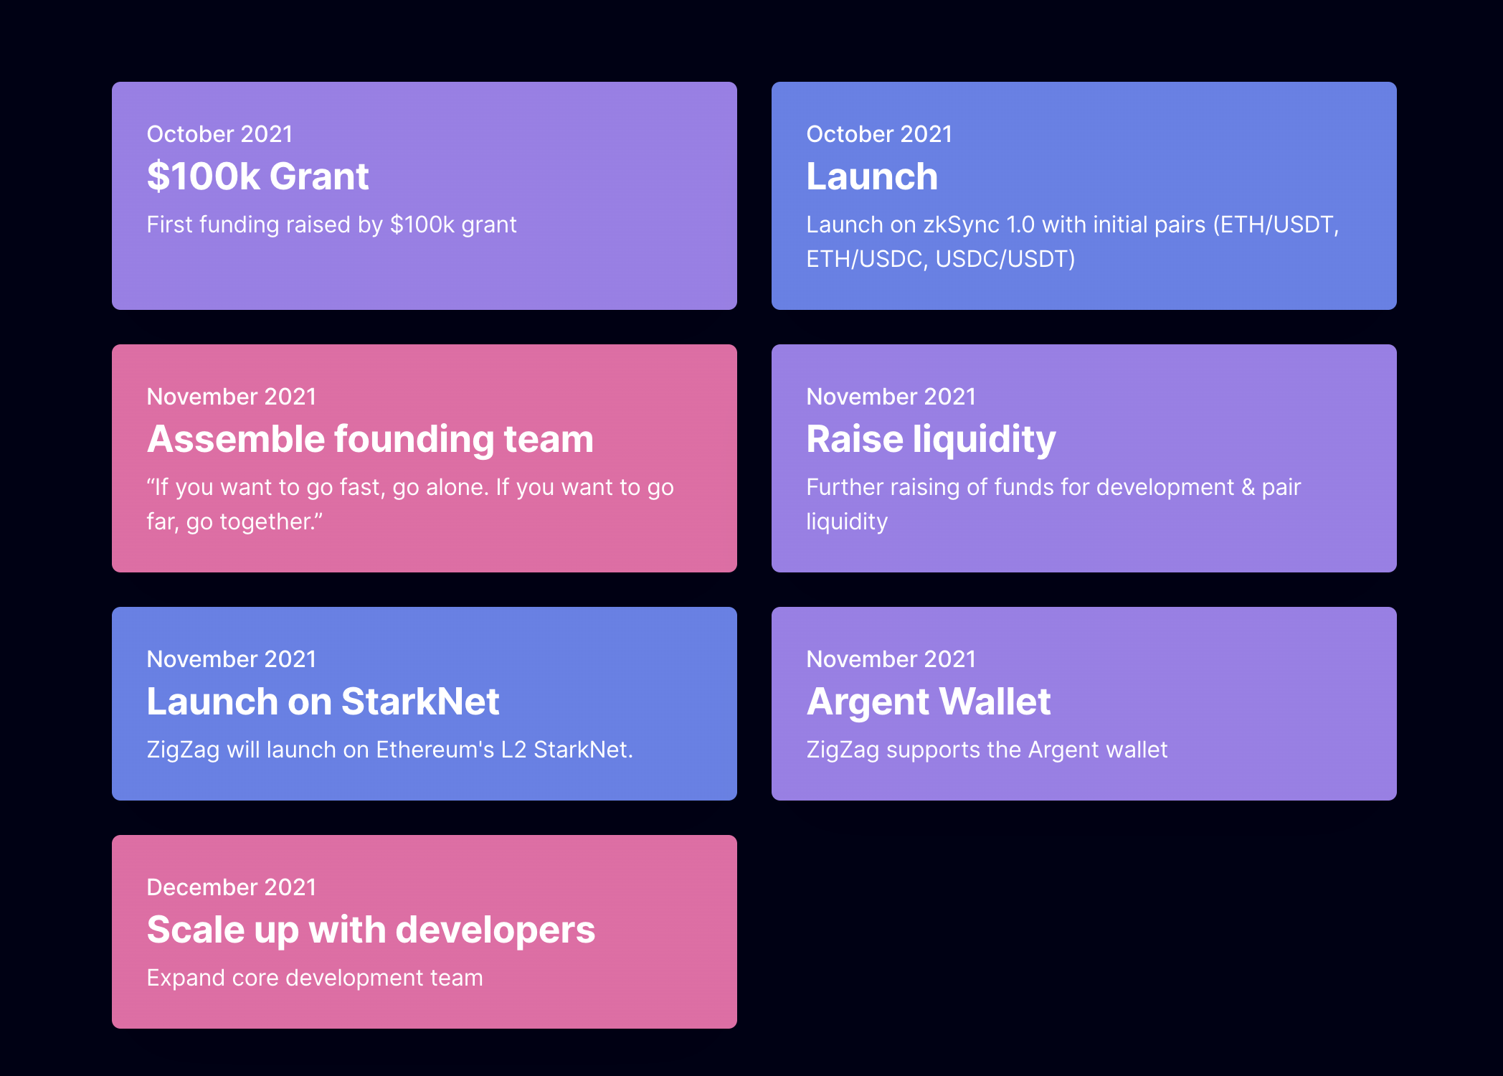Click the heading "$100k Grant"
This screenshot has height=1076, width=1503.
pos(257,176)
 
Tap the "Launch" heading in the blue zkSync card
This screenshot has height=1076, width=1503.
pos(872,176)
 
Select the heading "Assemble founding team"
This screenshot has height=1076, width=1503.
pos(370,440)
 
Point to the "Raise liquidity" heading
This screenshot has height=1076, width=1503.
pos(931,440)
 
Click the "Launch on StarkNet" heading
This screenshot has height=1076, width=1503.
pos(323,702)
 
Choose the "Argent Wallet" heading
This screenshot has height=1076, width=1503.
pos(929,702)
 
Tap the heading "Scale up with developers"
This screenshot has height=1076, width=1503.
pos(371,930)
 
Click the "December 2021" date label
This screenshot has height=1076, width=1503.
pos(232,887)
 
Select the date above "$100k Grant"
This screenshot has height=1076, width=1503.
pos(219,134)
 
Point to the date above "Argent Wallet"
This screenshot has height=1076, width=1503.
pos(891,659)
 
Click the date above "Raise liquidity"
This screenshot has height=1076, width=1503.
pos(891,397)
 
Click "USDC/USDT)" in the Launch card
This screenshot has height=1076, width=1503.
pos(1005,259)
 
